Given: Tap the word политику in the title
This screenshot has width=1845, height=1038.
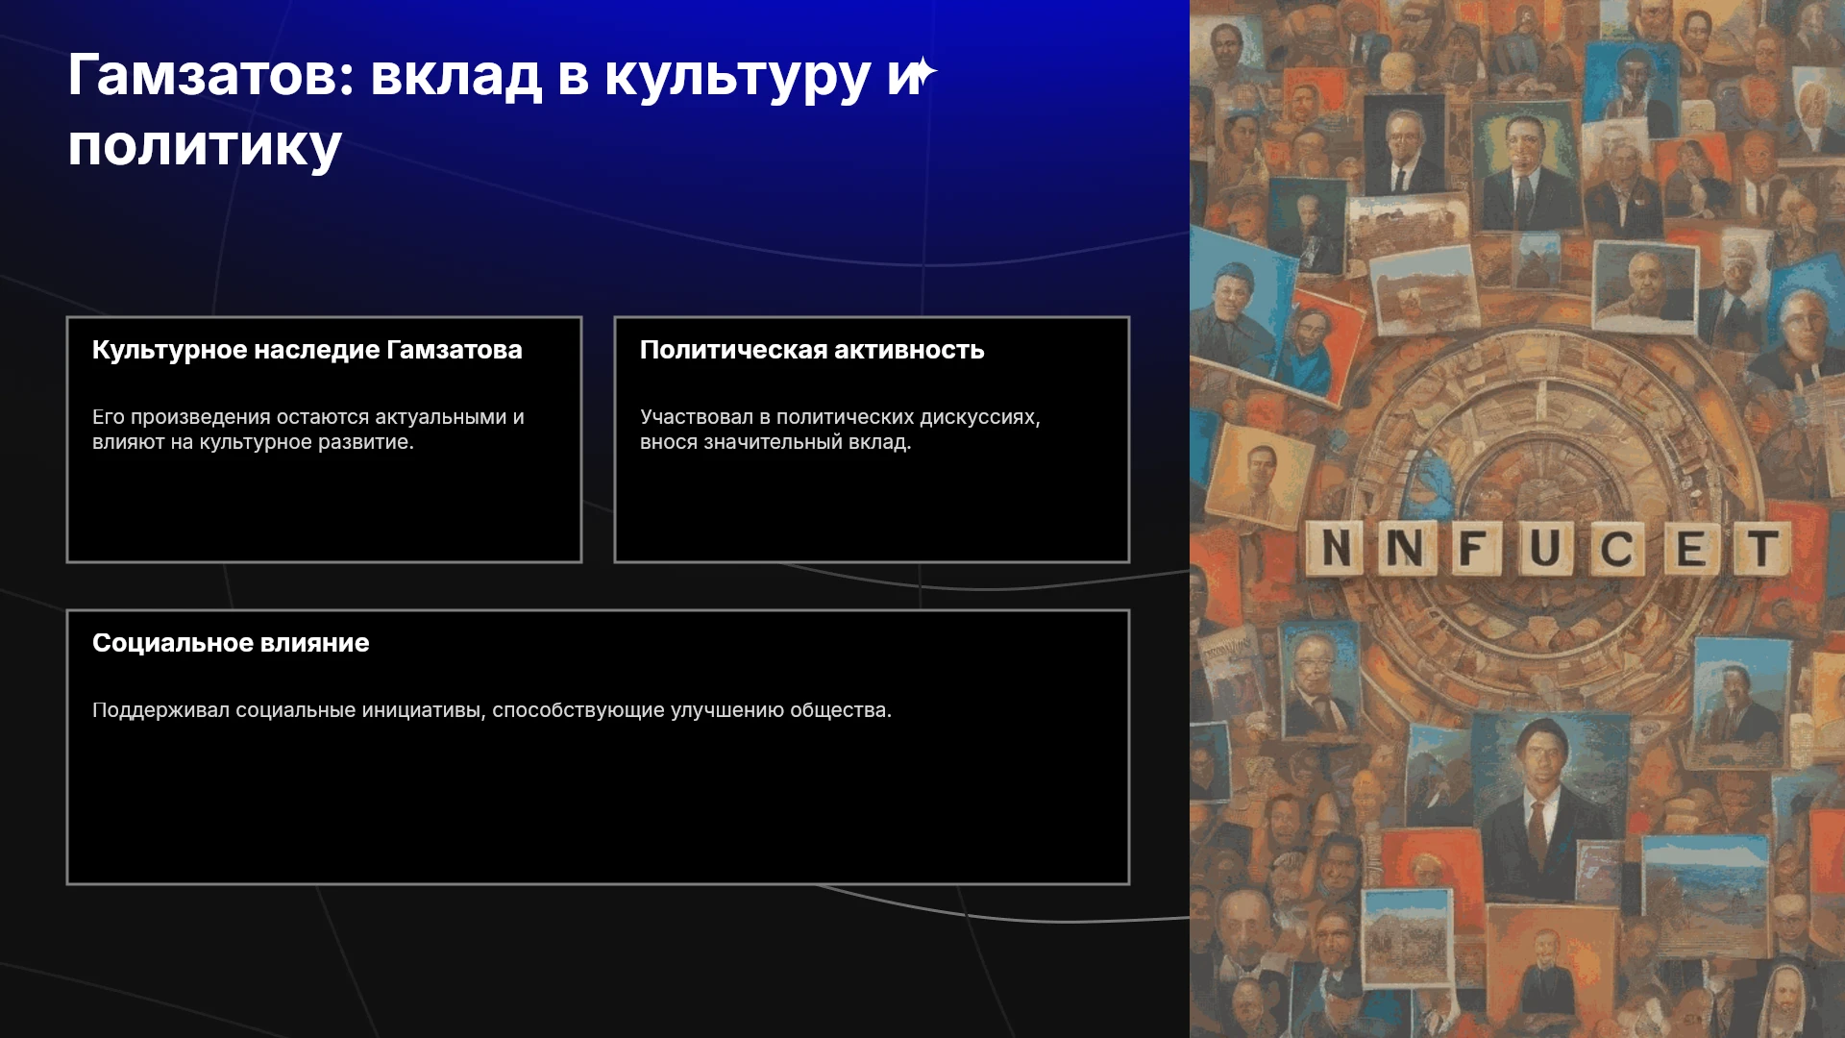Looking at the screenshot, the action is click(205, 147).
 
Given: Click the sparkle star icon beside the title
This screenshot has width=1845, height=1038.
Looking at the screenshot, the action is click(922, 73).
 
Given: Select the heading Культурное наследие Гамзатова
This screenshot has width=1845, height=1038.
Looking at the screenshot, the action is click(307, 350).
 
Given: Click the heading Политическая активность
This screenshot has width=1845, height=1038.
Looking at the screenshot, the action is click(812, 350).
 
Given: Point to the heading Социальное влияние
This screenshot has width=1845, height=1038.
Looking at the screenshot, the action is click(231, 643).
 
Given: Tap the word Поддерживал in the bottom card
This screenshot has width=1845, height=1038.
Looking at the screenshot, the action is click(160, 710).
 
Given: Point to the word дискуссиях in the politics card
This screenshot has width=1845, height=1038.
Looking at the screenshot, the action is click(980, 418).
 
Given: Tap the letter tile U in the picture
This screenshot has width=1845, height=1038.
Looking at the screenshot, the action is click(1545, 549).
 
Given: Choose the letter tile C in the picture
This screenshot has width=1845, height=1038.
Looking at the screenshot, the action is click(1616, 549).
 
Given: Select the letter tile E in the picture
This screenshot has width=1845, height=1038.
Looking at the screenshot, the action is click(1690, 549).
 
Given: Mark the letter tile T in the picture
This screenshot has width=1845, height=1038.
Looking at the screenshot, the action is click(1762, 549).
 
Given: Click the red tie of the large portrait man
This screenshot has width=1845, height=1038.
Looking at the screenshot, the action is click(1537, 831).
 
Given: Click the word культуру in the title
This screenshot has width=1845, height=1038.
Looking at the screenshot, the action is click(737, 77).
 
